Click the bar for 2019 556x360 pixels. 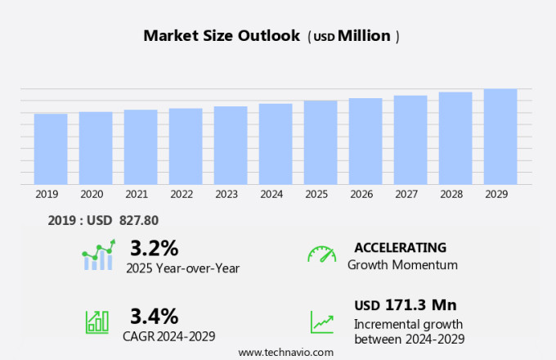[x=51, y=149]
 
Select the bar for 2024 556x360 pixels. [x=276, y=144]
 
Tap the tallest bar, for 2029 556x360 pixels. [x=500, y=137]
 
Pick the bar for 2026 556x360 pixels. [x=365, y=142]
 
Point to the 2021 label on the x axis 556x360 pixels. [x=137, y=195]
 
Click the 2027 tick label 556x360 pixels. [x=410, y=195]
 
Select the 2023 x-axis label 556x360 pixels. [x=226, y=195]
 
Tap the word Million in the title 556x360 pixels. [x=364, y=36]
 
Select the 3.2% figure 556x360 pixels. [x=154, y=247]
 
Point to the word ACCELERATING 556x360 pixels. [x=400, y=247]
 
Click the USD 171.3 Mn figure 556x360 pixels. [x=405, y=305]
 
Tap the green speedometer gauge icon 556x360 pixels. [x=321, y=254]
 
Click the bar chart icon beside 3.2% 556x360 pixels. [x=99, y=255]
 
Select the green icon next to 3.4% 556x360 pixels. [x=97, y=322]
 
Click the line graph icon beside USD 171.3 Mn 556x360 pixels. [x=321, y=322]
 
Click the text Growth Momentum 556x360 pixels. [x=402, y=265]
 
